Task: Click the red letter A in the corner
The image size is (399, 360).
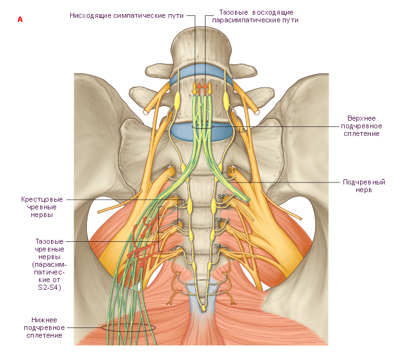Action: coord(20,19)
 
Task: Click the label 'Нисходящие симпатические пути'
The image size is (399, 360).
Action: coord(126,15)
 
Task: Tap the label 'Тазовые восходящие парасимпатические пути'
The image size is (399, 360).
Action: coord(255,16)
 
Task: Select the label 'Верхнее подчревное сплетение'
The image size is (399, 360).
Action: coord(361,126)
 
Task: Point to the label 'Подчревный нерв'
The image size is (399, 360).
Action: coord(364,186)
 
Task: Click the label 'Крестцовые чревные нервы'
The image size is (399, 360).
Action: coord(41,207)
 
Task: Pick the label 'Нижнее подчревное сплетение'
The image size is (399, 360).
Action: coord(44,327)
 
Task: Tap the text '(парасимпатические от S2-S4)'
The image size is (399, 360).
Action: coord(49,276)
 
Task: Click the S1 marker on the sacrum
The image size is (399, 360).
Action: coord(231,170)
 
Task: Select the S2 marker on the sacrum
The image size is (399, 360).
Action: coord(221,197)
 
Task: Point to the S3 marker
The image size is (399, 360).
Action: coord(218,220)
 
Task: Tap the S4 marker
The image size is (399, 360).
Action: coord(218,246)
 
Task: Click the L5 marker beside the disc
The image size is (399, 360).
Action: coord(243,130)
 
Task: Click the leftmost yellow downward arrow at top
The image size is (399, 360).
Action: coord(195,89)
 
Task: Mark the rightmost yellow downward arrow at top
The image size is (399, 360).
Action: coord(209,89)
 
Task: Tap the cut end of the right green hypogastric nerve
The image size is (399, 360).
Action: coord(246,200)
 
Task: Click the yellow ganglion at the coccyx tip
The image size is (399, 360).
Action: coord(203,309)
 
